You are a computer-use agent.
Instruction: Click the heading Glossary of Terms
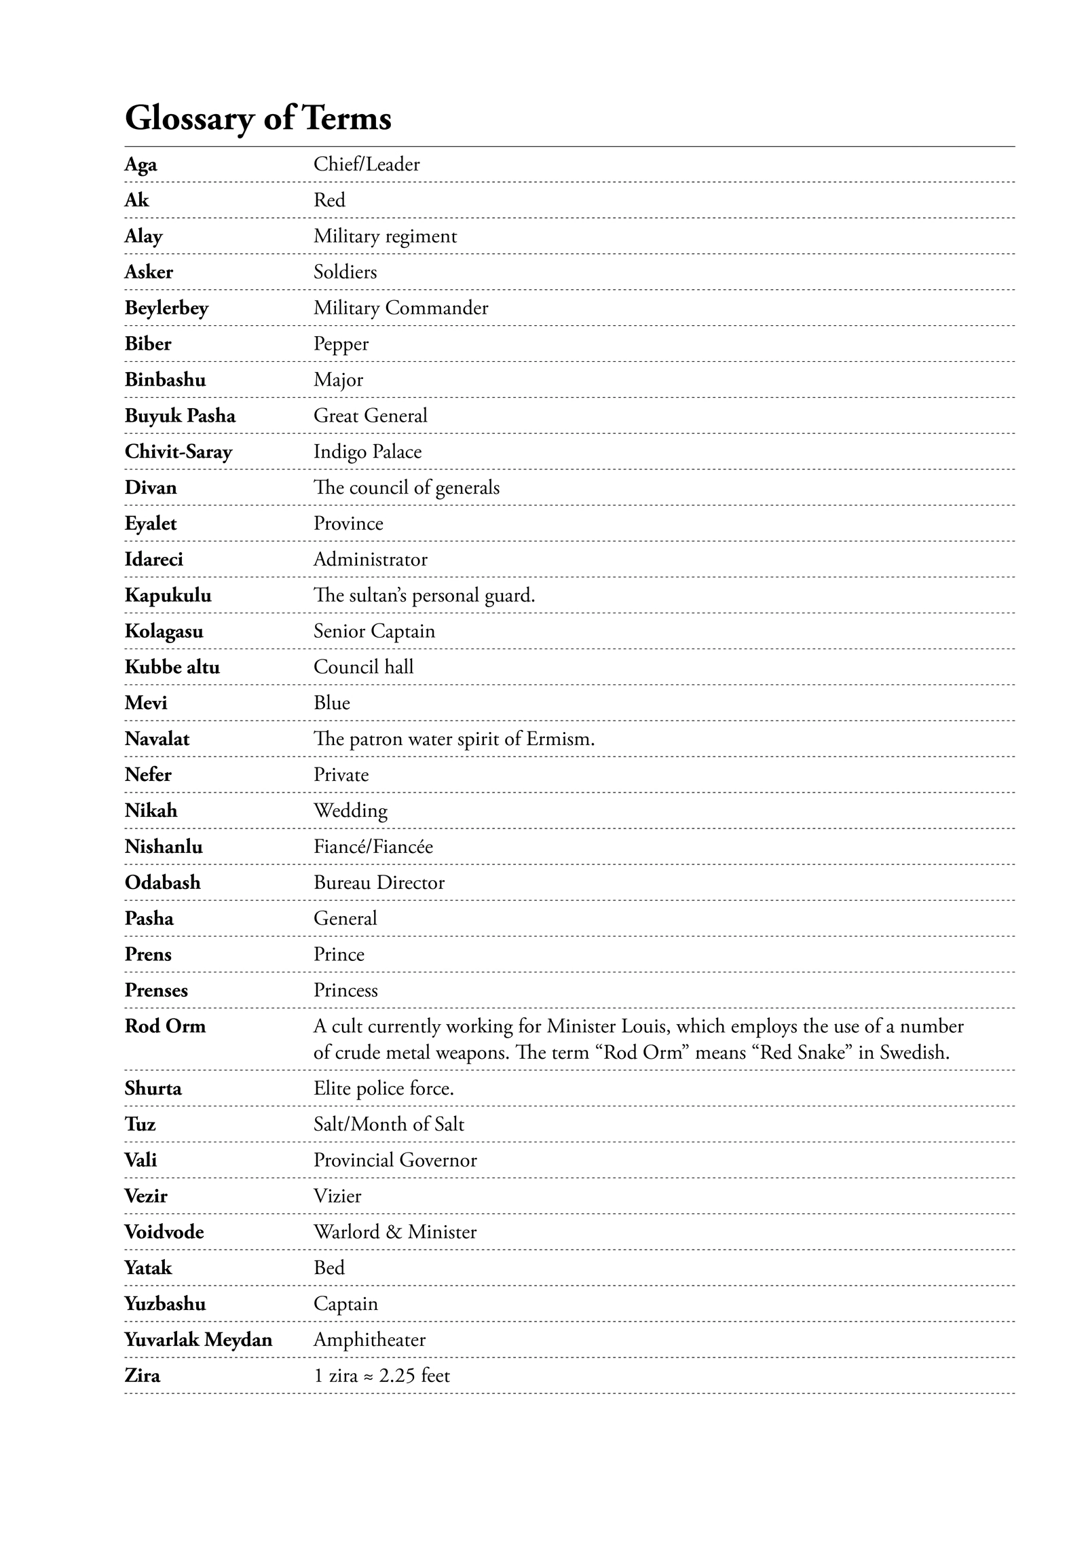(x=258, y=118)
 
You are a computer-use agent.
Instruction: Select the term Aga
(x=141, y=164)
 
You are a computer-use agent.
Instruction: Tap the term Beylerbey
(x=166, y=308)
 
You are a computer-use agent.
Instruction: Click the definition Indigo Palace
(x=367, y=452)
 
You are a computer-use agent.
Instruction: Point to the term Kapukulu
(x=168, y=596)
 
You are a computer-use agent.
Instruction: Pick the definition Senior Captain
(x=374, y=632)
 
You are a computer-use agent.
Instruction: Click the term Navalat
(x=157, y=739)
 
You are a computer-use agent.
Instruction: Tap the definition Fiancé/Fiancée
(x=373, y=847)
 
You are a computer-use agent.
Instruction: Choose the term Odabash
(x=162, y=883)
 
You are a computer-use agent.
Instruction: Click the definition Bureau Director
(x=379, y=883)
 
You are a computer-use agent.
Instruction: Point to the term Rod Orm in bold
(x=165, y=1026)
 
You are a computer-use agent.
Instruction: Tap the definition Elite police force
(x=383, y=1089)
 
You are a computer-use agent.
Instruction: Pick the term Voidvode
(x=164, y=1232)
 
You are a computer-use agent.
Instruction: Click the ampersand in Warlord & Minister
(x=394, y=1232)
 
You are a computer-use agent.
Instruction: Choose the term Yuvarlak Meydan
(x=198, y=1340)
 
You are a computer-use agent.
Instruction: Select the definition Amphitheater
(x=369, y=1340)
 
